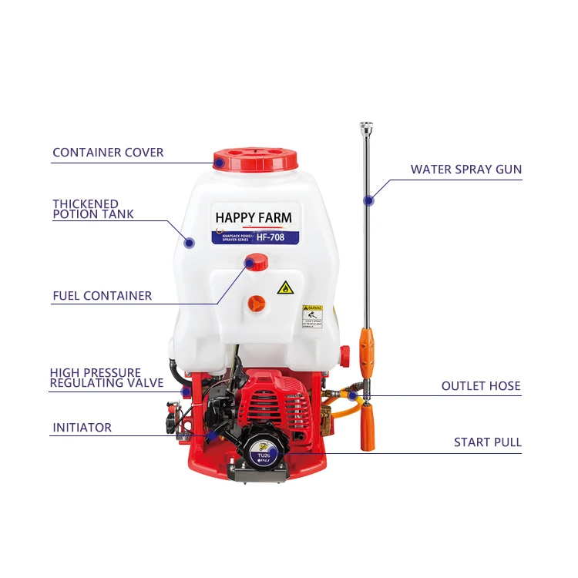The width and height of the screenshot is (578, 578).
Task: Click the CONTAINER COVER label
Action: point(108,153)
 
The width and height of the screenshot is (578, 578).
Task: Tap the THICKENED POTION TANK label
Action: point(93,209)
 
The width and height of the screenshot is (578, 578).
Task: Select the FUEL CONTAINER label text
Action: point(102,296)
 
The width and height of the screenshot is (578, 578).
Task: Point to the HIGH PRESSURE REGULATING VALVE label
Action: point(106,378)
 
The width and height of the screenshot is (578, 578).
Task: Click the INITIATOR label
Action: point(82,428)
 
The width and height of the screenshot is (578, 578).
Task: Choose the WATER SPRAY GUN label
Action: point(465,170)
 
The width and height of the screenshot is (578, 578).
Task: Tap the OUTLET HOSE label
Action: point(481,386)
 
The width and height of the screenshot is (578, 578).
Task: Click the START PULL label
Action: point(487,442)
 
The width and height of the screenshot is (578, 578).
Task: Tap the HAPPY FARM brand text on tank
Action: point(254,217)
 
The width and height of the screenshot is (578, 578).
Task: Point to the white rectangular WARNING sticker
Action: point(312,314)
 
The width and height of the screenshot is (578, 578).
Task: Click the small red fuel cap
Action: point(256,264)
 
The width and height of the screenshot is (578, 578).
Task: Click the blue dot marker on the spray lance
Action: point(368,200)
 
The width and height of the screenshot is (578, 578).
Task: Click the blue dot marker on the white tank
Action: point(189,242)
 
